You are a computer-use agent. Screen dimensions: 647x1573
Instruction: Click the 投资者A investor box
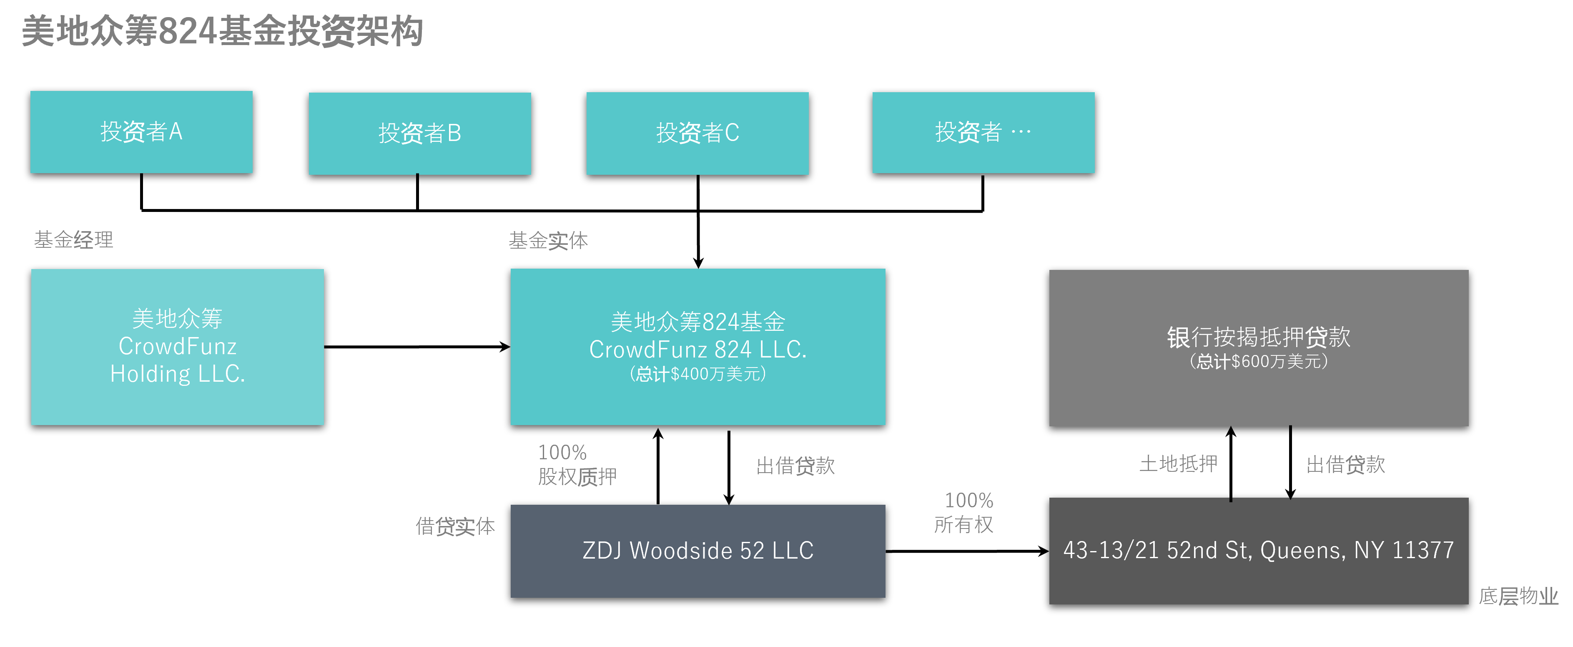[x=141, y=132]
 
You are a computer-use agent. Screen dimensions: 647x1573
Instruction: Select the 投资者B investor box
[x=419, y=133]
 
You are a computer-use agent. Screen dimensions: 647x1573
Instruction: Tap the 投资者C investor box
[x=697, y=133]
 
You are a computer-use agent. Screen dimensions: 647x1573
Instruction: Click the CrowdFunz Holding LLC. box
[x=177, y=346]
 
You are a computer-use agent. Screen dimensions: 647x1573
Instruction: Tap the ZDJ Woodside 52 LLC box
[x=697, y=551]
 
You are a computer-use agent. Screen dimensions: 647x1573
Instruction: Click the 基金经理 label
[x=73, y=239]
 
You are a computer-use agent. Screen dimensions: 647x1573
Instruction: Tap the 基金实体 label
[x=548, y=241]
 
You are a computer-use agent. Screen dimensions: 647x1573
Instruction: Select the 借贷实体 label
[x=455, y=526]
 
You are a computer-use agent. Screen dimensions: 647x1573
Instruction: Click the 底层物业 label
[x=1518, y=596]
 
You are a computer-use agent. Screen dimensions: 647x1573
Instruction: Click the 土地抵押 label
[x=1178, y=464]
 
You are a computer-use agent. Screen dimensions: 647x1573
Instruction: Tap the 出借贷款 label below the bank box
[x=1345, y=464]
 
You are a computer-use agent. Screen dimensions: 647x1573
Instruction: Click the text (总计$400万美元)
[x=697, y=374]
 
